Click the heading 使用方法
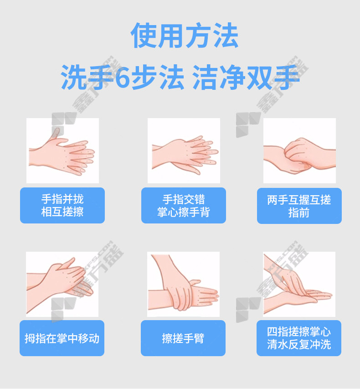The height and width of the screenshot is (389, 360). (x=185, y=36)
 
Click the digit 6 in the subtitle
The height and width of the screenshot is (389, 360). (x=123, y=78)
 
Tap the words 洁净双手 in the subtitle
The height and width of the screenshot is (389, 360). (x=246, y=77)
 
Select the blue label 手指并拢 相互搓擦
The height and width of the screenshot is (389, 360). (x=62, y=205)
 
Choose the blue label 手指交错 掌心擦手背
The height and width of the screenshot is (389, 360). (x=184, y=205)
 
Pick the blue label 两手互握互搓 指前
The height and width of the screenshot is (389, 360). (x=299, y=206)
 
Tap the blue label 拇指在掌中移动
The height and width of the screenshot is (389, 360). (x=62, y=338)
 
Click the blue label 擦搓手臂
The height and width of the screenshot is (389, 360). (x=183, y=338)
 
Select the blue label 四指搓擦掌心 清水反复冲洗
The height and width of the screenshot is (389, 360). (x=299, y=338)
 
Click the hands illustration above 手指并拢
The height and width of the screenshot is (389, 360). (x=62, y=150)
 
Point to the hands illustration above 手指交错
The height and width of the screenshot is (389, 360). (x=184, y=150)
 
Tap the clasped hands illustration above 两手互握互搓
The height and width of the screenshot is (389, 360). (x=299, y=150)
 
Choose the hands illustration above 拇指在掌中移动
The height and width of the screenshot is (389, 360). (x=62, y=284)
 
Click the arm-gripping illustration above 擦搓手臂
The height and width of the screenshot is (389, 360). (x=184, y=284)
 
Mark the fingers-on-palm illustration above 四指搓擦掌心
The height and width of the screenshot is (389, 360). (x=299, y=284)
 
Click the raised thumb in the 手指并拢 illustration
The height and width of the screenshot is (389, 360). (x=55, y=134)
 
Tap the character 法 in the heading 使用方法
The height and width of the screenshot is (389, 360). (x=226, y=36)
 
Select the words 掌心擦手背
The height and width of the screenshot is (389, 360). (x=184, y=212)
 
